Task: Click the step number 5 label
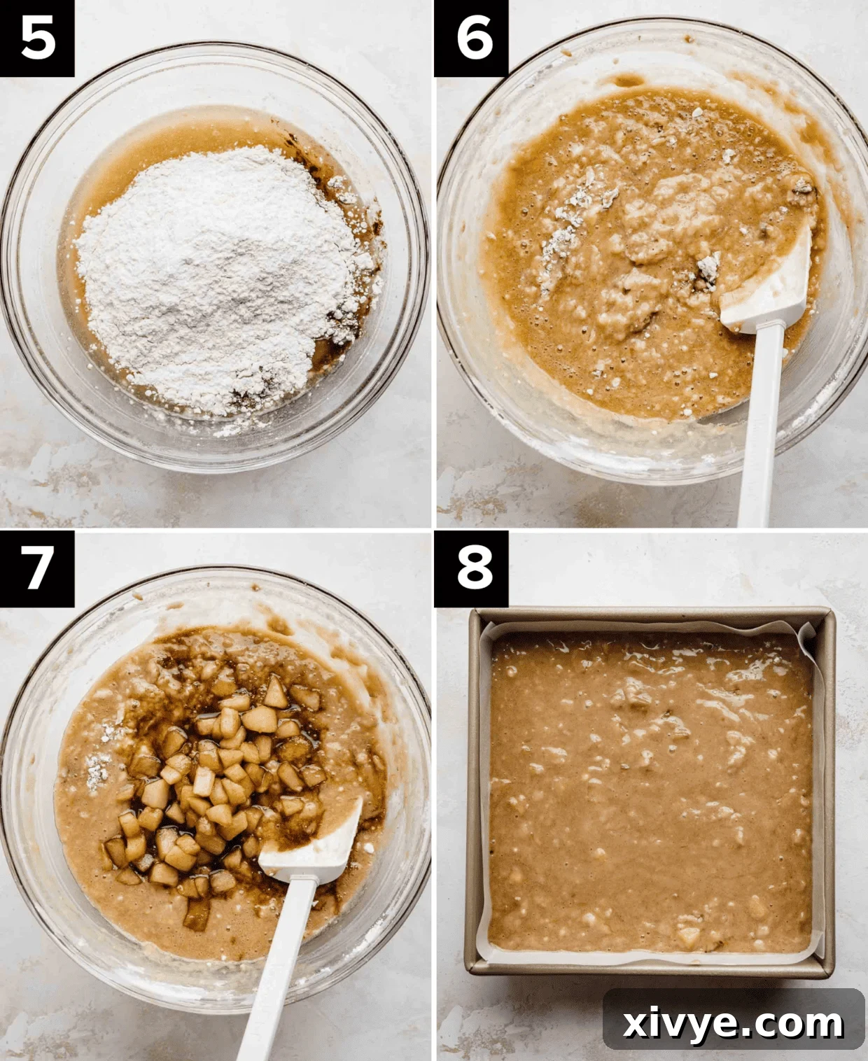pos(37,38)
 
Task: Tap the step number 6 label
pos(474,38)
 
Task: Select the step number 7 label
pos(37,567)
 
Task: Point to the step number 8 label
pos(474,567)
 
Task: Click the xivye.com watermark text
pos(733,1023)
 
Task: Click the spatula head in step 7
pos(315,843)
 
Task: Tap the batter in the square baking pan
pos(651,791)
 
